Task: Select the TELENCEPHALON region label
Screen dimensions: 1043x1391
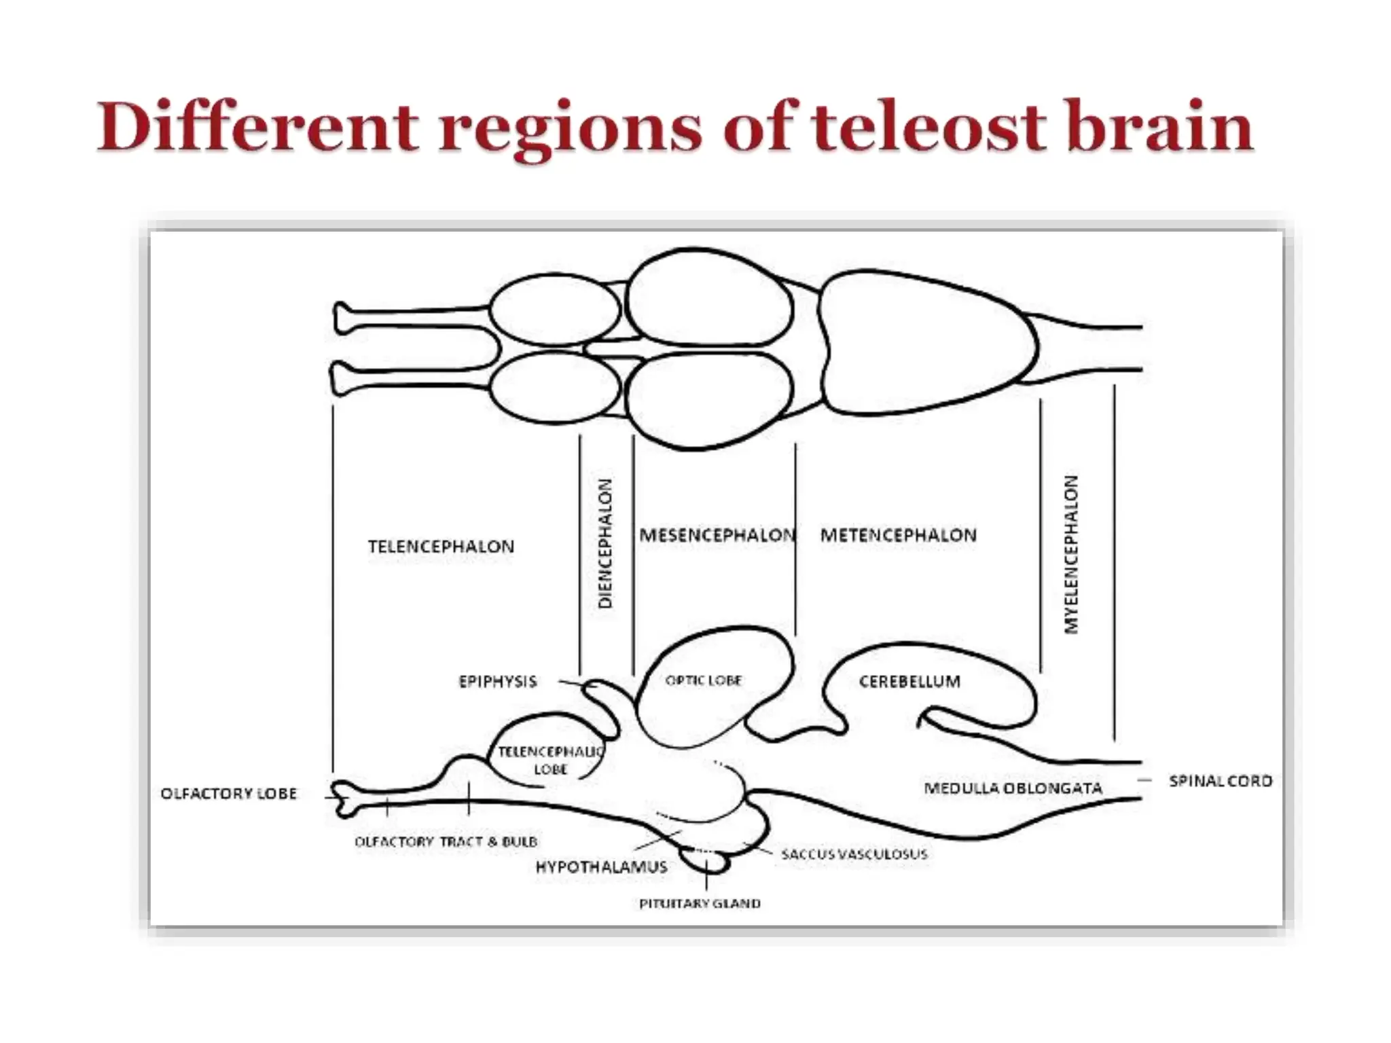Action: pyautogui.click(x=441, y=547)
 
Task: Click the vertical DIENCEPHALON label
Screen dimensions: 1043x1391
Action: pyautogui.click(x=605, y=543)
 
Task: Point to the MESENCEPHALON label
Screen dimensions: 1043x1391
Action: pyautogui.click(x=717, y=535)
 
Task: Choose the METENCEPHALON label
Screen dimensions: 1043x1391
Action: pyautogui.click(x=899, y=535)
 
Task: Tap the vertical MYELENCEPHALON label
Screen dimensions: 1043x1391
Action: pyautogui.click(x=1071, y=554)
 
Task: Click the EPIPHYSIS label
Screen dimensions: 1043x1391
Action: pyautogui.click(x=498, y=681)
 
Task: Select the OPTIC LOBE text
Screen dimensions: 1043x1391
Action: pyautogui.click(x=704, y=680)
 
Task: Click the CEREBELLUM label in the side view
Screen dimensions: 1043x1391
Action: pyautogui.click(x=909, y=681)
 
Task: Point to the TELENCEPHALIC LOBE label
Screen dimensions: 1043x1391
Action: pyautogui.click(x=550, y=760)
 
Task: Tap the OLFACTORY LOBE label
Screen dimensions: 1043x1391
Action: pyautogui.click(x=229, y=793)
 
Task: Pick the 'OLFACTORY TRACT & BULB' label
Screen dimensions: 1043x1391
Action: pyautogui.click(x=446, y=842)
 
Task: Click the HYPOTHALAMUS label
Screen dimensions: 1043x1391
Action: pyautogui.click(x=601, y=867)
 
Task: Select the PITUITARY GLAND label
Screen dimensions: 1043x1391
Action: pyautogui.click(x=700, y=904)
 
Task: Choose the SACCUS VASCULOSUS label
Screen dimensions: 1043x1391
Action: pyautogui.click(x=854, y=854)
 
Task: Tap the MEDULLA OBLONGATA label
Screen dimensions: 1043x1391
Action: pyautogui.click(x=1013, y=788)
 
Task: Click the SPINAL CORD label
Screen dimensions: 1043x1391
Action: pyautogui.click(x=1221, y=781)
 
